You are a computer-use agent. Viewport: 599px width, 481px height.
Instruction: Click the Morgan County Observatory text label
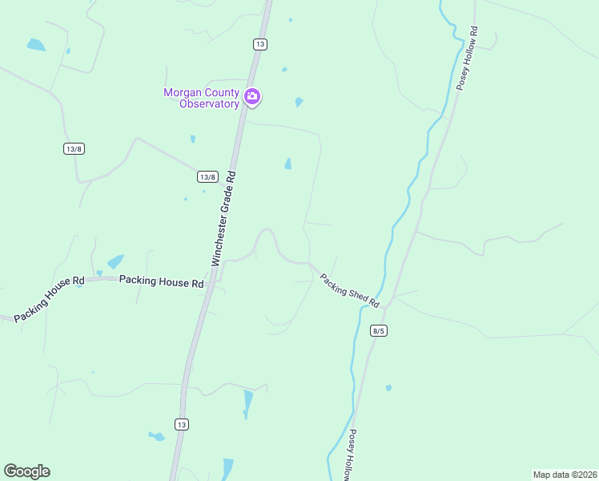tap(202, 98)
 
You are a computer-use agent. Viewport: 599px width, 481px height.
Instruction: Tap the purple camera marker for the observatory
tap(253, 97)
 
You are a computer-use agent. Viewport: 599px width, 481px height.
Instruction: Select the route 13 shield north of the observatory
tap(259, 44)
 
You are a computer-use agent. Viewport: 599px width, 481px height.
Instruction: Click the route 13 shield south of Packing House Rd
tap(182, 423)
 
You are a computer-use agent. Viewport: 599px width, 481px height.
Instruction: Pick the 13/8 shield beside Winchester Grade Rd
tap(207, 176)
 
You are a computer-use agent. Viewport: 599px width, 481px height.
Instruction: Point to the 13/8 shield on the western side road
tap(73, 148)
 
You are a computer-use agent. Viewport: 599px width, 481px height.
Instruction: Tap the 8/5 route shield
tap(379, 330)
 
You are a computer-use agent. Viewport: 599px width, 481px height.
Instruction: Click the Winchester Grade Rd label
tap(223, 218)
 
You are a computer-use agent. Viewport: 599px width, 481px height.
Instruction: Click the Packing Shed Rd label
tap(350, 289)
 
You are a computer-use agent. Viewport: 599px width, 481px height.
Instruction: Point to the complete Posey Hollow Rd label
tap(466, 59)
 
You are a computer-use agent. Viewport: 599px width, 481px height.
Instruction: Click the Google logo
tap(26, 471)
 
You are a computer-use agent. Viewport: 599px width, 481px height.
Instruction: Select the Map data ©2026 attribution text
tap(565, 475)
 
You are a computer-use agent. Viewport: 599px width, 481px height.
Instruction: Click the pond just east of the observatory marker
tap(299, 102)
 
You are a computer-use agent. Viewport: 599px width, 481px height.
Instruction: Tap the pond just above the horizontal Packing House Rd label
tap(116, 261)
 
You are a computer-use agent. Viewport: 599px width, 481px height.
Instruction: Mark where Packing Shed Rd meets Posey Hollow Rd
tap(386, 306)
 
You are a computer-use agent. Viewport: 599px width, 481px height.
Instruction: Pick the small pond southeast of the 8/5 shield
tap(388, 388)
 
